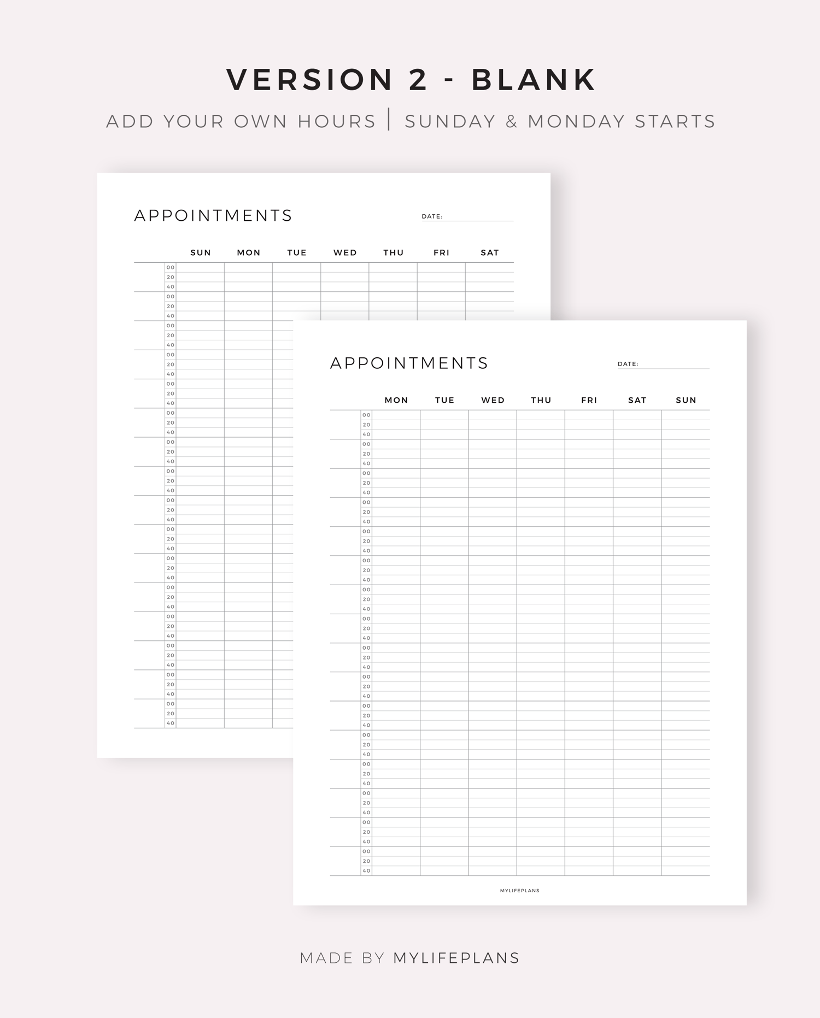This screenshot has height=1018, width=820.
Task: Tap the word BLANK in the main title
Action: (x=534, y=80)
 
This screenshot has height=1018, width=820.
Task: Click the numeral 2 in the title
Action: (x=418, y=80)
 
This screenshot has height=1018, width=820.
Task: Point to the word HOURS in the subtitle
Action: (x=337, y=121)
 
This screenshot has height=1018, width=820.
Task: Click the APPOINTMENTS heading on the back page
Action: (x=213, y=216)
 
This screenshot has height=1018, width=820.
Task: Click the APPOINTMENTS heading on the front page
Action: (x=409, y=363)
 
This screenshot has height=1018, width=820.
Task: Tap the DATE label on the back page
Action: (x=432, y=216)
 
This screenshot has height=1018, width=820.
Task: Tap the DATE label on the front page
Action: (x=628, y=364)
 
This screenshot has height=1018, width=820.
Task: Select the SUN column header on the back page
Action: (x=201, y=252)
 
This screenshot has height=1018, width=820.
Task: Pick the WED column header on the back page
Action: (x=345, y=252)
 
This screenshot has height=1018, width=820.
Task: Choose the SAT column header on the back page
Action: (x=490, y=252)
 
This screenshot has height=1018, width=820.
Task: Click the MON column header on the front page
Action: (x=396, y=400)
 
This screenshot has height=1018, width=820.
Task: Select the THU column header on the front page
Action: (x=541, y=400)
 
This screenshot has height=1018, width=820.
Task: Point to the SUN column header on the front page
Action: (x=686, y=400)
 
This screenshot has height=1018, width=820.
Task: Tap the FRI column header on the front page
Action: (x=589, y=400)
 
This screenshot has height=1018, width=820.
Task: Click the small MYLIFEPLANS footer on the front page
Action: (x=520, y=891)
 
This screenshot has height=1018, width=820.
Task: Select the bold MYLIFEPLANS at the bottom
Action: (x=456, y=958)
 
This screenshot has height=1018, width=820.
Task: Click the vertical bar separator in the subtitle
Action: (x=389, y=120)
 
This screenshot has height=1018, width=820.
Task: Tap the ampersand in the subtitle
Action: (x=511, y=121)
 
